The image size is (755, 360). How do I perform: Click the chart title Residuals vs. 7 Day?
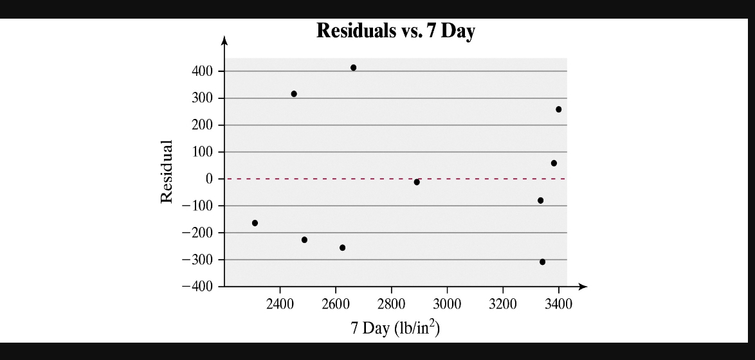coord(396,31)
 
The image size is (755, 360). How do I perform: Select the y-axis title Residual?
coord(167,171)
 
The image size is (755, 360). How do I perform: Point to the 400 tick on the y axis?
coord(203,71)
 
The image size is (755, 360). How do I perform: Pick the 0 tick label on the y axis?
coord(210,179)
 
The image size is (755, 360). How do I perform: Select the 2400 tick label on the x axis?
coord(279,303)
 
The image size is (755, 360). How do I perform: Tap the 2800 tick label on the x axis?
coord(391,303)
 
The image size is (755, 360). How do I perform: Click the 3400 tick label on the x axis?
coord(558,303)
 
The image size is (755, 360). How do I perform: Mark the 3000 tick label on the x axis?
coord(446,303)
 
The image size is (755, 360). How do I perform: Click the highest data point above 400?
coord(353,67)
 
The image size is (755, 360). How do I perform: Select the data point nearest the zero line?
coord(417,182)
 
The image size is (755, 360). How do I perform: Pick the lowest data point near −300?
coord(542,262)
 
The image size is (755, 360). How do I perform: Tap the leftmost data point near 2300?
coord(255,223)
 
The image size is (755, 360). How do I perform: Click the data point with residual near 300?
coord(294,94)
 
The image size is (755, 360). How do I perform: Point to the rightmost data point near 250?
coord(558,109)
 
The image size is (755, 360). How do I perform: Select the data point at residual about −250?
coord(342,248)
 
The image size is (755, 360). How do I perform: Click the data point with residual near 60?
coord(554,163)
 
